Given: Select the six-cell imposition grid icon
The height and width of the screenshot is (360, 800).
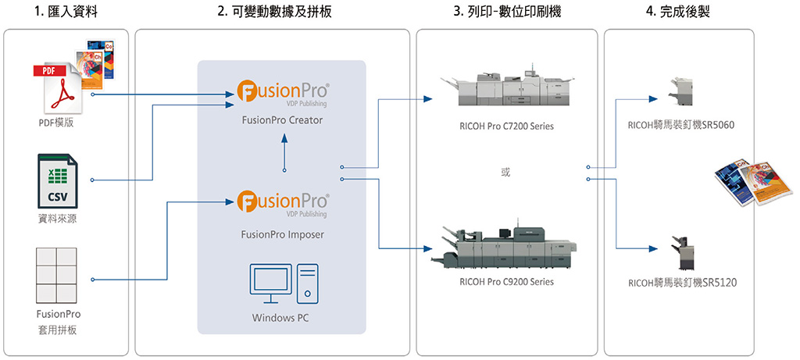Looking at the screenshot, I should coord(57,276).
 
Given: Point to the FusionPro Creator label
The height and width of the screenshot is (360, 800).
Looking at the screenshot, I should coord(283,121).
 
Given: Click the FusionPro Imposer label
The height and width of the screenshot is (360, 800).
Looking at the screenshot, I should coord(282,233).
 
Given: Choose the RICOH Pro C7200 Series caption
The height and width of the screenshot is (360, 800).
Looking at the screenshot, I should coord(506,127).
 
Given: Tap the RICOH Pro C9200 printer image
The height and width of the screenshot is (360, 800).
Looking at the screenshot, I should coord(505,241).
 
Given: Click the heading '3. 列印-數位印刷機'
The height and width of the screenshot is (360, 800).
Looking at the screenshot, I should coord(506,13).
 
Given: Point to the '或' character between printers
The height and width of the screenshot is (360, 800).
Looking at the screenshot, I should coord(506,173).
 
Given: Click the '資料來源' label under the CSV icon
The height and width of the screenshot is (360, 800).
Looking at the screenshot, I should coord(57,219).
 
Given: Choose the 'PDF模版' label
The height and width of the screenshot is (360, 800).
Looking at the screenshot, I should coord(57,123).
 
